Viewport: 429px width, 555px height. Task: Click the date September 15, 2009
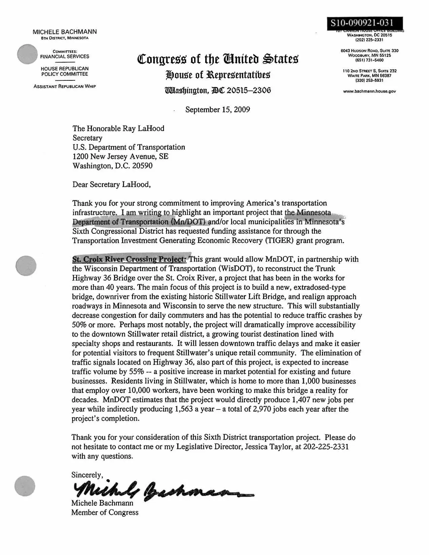(217, 110)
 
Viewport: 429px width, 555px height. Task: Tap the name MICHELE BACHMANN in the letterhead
(65, 32)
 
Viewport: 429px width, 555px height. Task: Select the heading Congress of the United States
(218, 59)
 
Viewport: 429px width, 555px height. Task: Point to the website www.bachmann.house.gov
(369, 91)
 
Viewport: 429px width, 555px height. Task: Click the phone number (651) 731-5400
(369, 60)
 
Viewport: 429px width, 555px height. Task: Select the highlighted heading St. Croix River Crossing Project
(129, 259)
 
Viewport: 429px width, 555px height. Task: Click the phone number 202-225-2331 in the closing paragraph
(326, 447)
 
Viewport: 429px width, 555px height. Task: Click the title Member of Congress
(105, 512)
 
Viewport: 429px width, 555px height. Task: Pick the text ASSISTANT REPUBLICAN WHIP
(65, 86)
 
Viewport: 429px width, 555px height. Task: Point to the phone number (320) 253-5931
(369, 81)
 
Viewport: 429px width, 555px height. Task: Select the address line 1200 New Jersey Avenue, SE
(120, 156)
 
